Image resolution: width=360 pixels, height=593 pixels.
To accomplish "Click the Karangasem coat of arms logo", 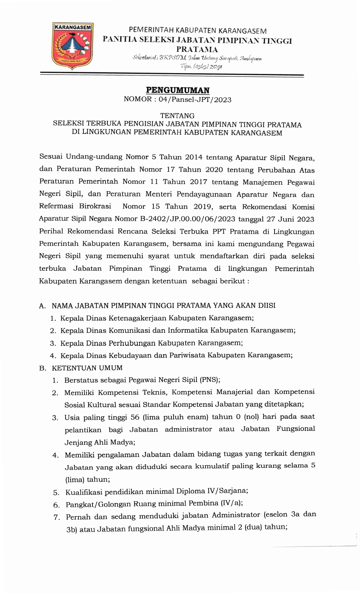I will pos(73,46).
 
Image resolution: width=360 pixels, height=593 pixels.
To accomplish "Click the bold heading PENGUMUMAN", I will pos(178,90).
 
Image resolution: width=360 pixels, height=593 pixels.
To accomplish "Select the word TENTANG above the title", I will pos(177,116).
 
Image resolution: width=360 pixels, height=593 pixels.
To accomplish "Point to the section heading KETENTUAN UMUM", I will pos(87,368).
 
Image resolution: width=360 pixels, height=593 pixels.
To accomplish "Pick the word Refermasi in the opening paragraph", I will pos(56,206).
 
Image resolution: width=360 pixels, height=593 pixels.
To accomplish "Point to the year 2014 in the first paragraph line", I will pos(194,157).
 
